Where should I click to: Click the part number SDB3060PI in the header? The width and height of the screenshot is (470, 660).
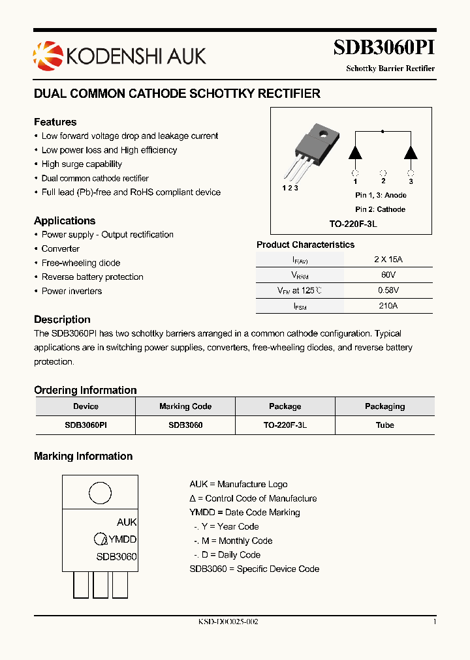pyautogui.click(x=384, y=48)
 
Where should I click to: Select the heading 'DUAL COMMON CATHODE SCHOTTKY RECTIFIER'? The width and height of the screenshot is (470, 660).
pyautogui.click(x=177, y=94)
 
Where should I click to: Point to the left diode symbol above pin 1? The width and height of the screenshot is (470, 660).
pyautogui.click(x=355, y=151)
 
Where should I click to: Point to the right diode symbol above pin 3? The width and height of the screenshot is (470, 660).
pyautogui.click(x=411, y=151)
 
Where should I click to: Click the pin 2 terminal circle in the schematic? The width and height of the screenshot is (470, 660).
pyautogui.click(x=383, y=173)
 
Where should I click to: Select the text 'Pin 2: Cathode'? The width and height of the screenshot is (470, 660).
pyautogui.click(x=380, y=209)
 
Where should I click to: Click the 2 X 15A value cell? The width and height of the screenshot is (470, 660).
pyautogui.click(x=388, y=259)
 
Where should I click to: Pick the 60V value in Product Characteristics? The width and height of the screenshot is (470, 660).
pyautogui.click(x=388, y=275)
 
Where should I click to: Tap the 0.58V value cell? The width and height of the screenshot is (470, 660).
pyautogui.click(x=388, y=290)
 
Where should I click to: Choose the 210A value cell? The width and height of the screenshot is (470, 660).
pyautogui.click(x=388, y=305)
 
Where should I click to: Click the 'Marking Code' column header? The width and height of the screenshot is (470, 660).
pyautogui.click(x=185, y=406)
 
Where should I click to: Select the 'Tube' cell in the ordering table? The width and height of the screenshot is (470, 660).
pyautogui.click(x=384, y=425)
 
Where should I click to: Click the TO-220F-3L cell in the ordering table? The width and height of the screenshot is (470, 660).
pyautogui.click(x=285, y=425)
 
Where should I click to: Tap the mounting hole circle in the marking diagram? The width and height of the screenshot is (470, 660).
pyautogui.click(x=100, y=493)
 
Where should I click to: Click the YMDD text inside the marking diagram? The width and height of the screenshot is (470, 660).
pyautogui.click(x=122, y=539)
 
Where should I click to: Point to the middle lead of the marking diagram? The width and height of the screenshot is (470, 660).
pyautogui.click(x=101, y=585)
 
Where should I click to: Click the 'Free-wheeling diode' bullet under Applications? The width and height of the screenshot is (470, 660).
pyautogui.click(x=81, y=263)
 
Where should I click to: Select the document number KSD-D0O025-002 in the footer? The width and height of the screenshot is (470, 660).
pyautogui.click(x=228, y=622)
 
